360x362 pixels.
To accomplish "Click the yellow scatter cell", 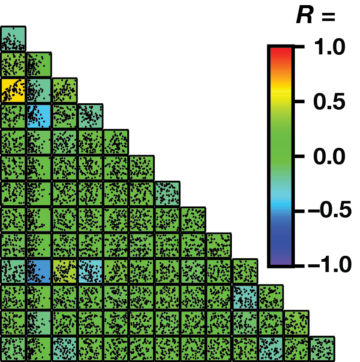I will pyautogui.click(x=13, y=90).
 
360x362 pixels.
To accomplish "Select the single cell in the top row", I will pyautogui.click(x=13, y=39).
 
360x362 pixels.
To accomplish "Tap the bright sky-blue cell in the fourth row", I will pyautogui.click(x=39, y=116).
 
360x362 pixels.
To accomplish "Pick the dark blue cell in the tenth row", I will pyautogui.click(x=39, y=271).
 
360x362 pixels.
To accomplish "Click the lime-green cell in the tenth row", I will pyautogui.click(x=64, y=271).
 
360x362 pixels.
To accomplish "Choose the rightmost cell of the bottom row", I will pyautogui.click(x=322, y=349).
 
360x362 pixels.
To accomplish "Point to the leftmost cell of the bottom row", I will pyautogui.click(x=13, y=349).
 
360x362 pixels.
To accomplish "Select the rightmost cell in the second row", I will pyautogui.click(x=39, y=65).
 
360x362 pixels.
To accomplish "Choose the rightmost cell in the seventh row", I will pyautogui.click(x=167, y=194).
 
